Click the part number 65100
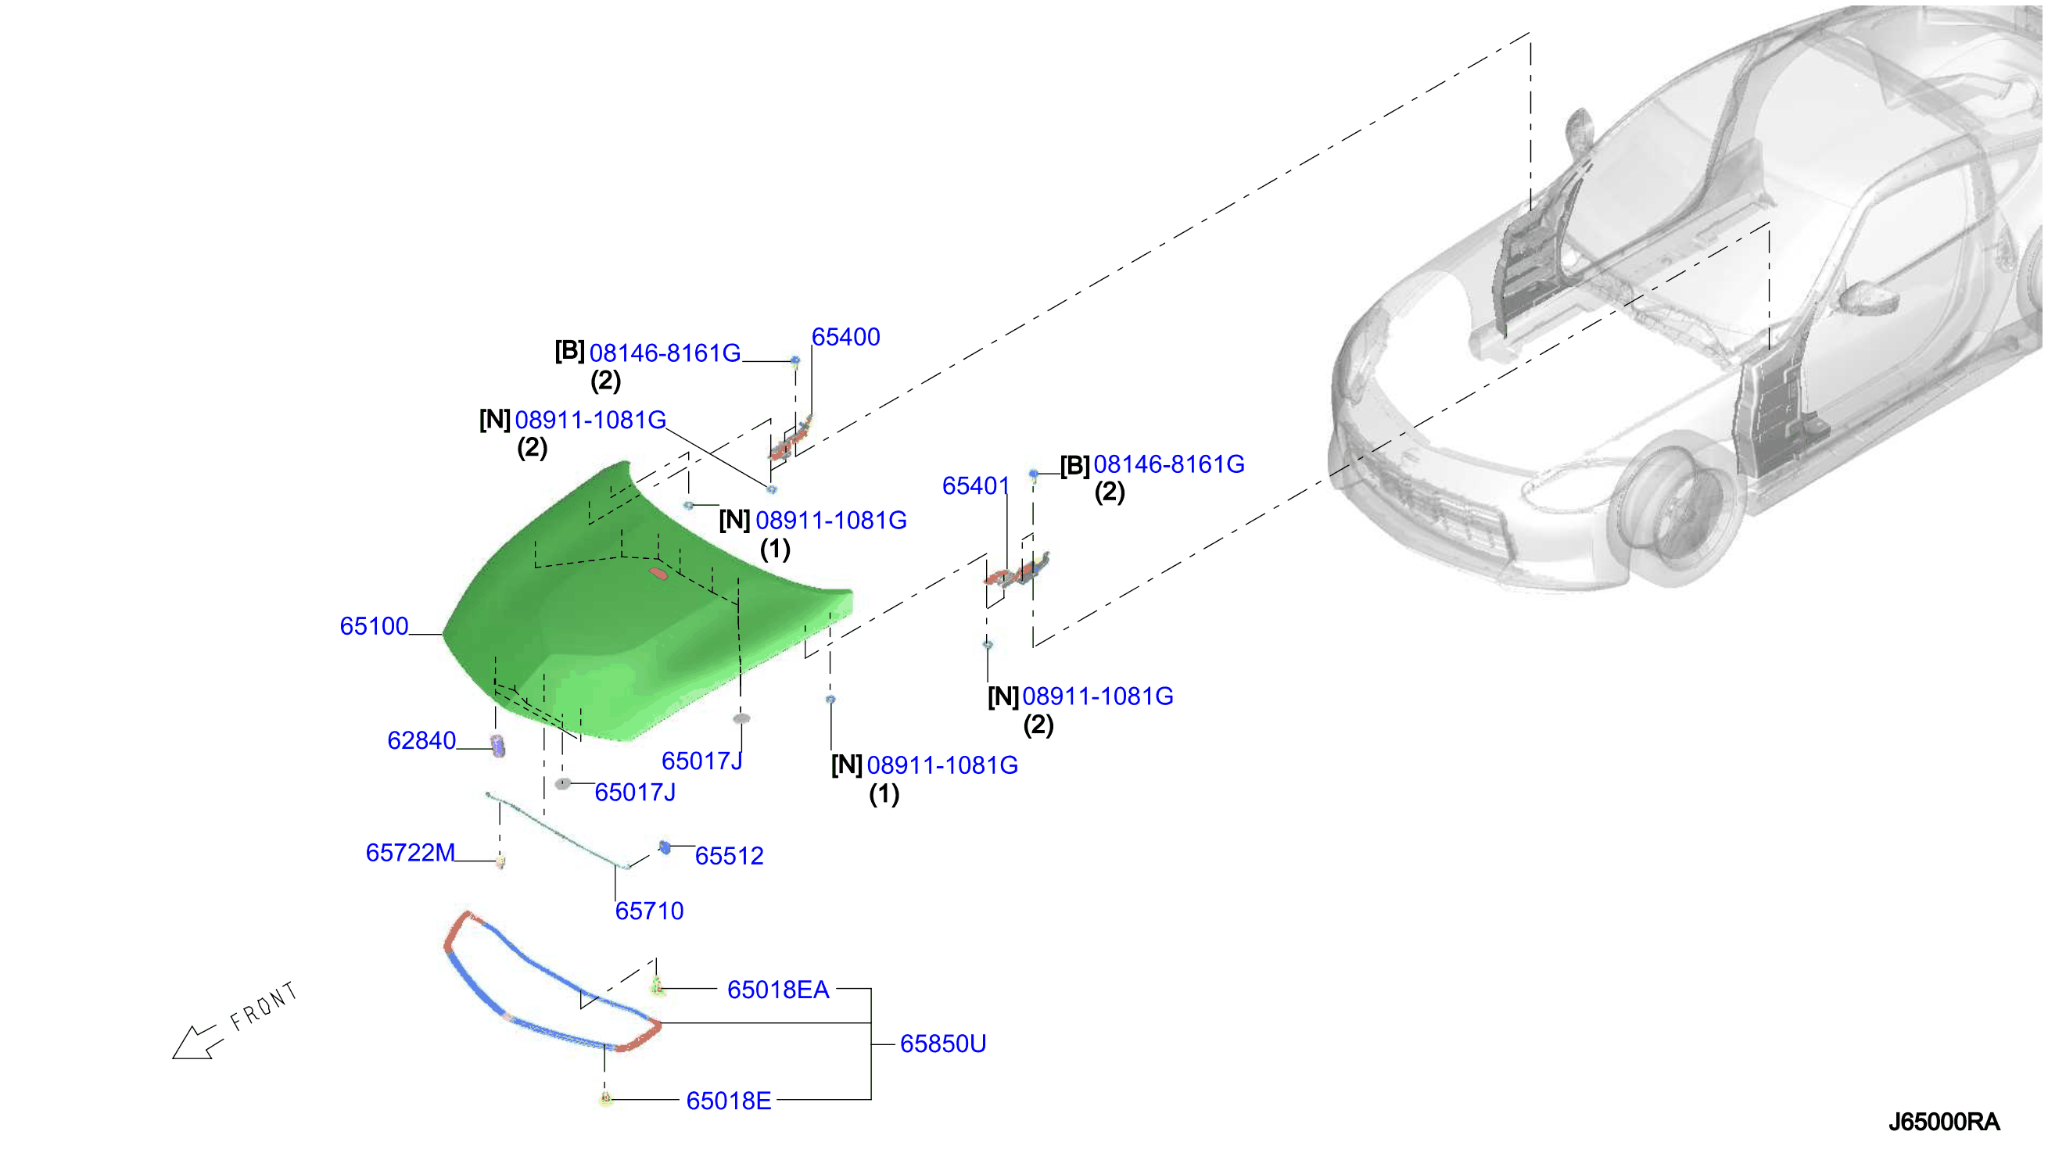pos(374,626)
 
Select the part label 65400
pos(845,337)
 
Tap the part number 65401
pos(975,485)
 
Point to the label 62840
pos(421,740)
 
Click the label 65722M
pos(411,853)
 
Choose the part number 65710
pos(649,911)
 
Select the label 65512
pos(729,856)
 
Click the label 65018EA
pos(778,990)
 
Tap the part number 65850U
pos(943,1044)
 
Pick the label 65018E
pos(728,1101)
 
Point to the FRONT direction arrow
pos(194,1042)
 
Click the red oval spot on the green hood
pos(658,573)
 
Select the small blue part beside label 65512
pos(665,847)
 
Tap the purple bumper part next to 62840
pos(498,746)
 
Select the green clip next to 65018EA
pos(657,986)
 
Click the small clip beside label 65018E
pos(605,1100)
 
